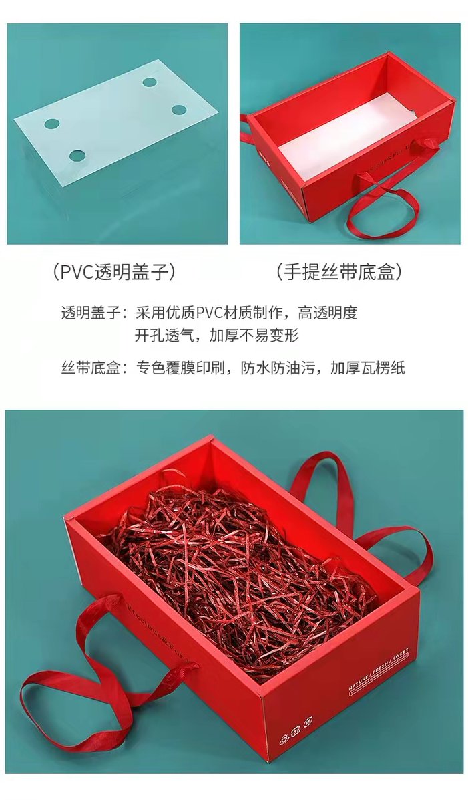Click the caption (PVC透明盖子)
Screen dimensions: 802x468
click(x=115, y=271)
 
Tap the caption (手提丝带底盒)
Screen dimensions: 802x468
click(x=339, y=271)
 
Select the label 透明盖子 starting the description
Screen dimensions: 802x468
click(x=89, y=313)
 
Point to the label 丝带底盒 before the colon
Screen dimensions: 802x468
click(x=89, y=368)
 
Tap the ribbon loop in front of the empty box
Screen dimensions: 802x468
click(x=384, y=207)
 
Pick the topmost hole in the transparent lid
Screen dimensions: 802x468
click(x=150, y=82)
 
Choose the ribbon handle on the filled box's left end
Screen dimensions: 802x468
click(x=87, y=675)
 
